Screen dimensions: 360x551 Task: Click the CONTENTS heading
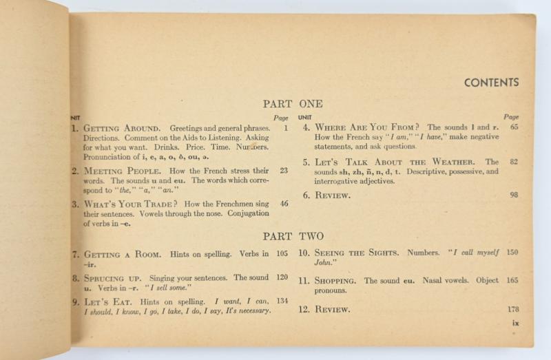(491, 83)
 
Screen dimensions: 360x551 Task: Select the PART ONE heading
(292, 104)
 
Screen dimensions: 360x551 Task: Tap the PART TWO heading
(293, 236)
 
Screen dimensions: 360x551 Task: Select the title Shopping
(335, 281)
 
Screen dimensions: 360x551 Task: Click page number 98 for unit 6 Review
(514, 195)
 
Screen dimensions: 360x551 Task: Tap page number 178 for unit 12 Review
(512, 310)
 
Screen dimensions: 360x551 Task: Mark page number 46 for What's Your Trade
(284, 204)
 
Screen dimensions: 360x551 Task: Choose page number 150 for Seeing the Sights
(512, 253)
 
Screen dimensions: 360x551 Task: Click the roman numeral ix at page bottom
(515, 323)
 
